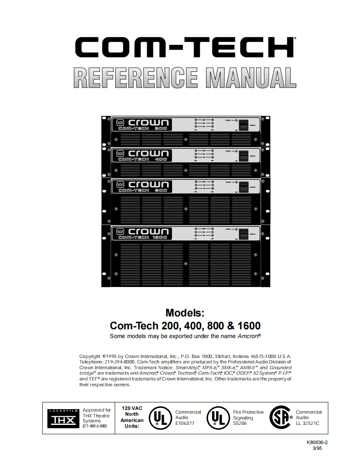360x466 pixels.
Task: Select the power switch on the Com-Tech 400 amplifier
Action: click(244, 155)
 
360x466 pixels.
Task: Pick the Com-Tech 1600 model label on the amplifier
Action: click(143, 238)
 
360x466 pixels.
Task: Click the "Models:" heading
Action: click(185, 312)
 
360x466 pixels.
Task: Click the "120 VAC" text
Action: click(132, 408)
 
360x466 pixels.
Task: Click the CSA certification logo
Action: click(281, 417)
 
